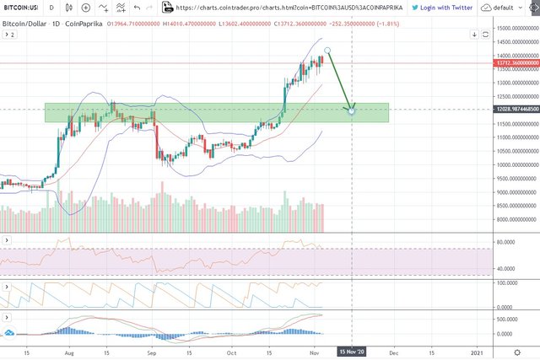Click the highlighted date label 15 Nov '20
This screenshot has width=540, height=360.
pos(351,351)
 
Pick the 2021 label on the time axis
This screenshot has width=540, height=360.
pos(477,351)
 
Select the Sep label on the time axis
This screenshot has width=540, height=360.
pos(153,351)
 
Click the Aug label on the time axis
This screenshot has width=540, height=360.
pos(68,351)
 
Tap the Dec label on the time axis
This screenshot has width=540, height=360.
pos(392,351)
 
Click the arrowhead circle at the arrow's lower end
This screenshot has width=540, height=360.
pos(351,110)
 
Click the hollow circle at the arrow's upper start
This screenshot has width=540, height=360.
pos(328,50)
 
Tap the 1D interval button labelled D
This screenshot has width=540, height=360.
pos(51,7)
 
